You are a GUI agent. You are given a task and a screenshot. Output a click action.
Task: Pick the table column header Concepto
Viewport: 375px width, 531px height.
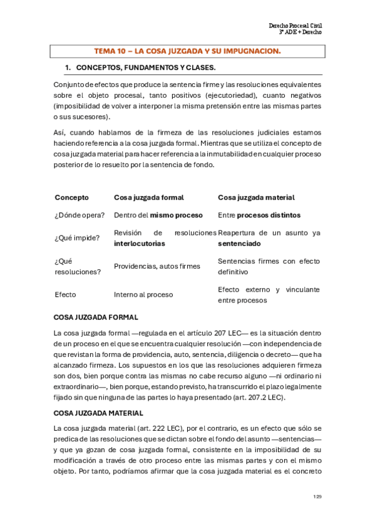click(x=71, y=197)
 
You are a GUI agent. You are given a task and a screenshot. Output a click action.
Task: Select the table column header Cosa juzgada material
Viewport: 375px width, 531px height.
click(x=256, y=197)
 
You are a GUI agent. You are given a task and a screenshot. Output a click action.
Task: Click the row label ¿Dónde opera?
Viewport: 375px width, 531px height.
click(x=80, y=215)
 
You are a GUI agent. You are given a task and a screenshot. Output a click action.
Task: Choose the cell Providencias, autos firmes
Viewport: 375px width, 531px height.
click(x=157, y=266)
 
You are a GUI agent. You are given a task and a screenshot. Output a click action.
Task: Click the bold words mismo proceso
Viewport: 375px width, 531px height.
click(x=177, y=215)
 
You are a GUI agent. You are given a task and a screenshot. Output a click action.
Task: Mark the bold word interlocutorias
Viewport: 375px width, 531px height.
click(x=140, y=243)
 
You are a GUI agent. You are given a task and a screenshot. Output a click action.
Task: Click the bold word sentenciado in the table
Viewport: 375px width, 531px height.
click(x=239, y=243)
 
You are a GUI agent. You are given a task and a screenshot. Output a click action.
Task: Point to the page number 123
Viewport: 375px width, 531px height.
click(x=317, y=497)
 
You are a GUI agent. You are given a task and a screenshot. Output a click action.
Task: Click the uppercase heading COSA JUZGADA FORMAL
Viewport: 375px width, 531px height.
click(x=96, y=317)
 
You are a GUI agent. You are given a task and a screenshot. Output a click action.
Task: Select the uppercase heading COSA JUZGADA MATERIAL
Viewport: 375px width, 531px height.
click(x=98, y=413)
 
